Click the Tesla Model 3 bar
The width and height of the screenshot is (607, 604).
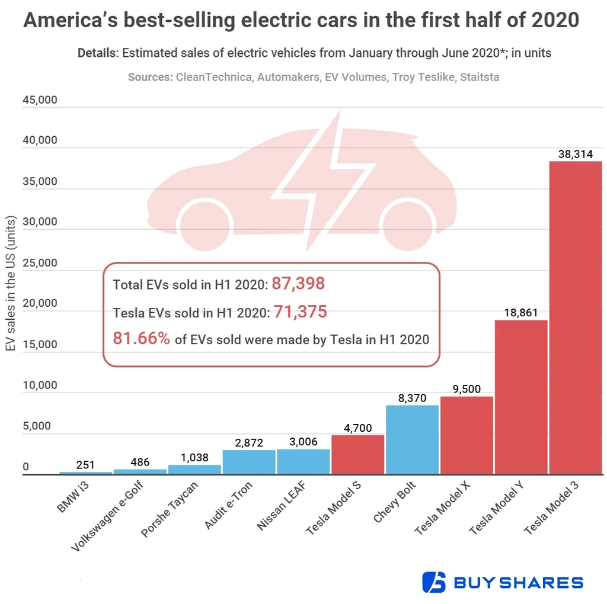click(x=575, y=317)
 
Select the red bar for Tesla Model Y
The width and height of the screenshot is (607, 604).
click(x=520, y=397)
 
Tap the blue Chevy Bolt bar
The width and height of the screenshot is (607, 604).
click(x=412, y=439)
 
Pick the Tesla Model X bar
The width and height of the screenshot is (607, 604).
click(x=467, y=435)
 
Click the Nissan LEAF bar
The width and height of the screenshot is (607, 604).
click(x=303, y=461)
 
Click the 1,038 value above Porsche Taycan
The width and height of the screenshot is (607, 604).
click(x=194, y=458)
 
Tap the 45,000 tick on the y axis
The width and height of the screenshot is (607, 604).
click(x=40, y=99)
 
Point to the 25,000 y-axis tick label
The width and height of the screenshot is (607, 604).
click(x=40, y=262)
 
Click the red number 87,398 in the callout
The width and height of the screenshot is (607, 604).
click(x=298, y=284)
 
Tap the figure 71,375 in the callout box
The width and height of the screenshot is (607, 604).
click(x=300, y=311)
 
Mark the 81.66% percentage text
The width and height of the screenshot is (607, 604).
click(x=142, y=339)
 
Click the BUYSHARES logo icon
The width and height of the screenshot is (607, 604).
click(x=433, y=582)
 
